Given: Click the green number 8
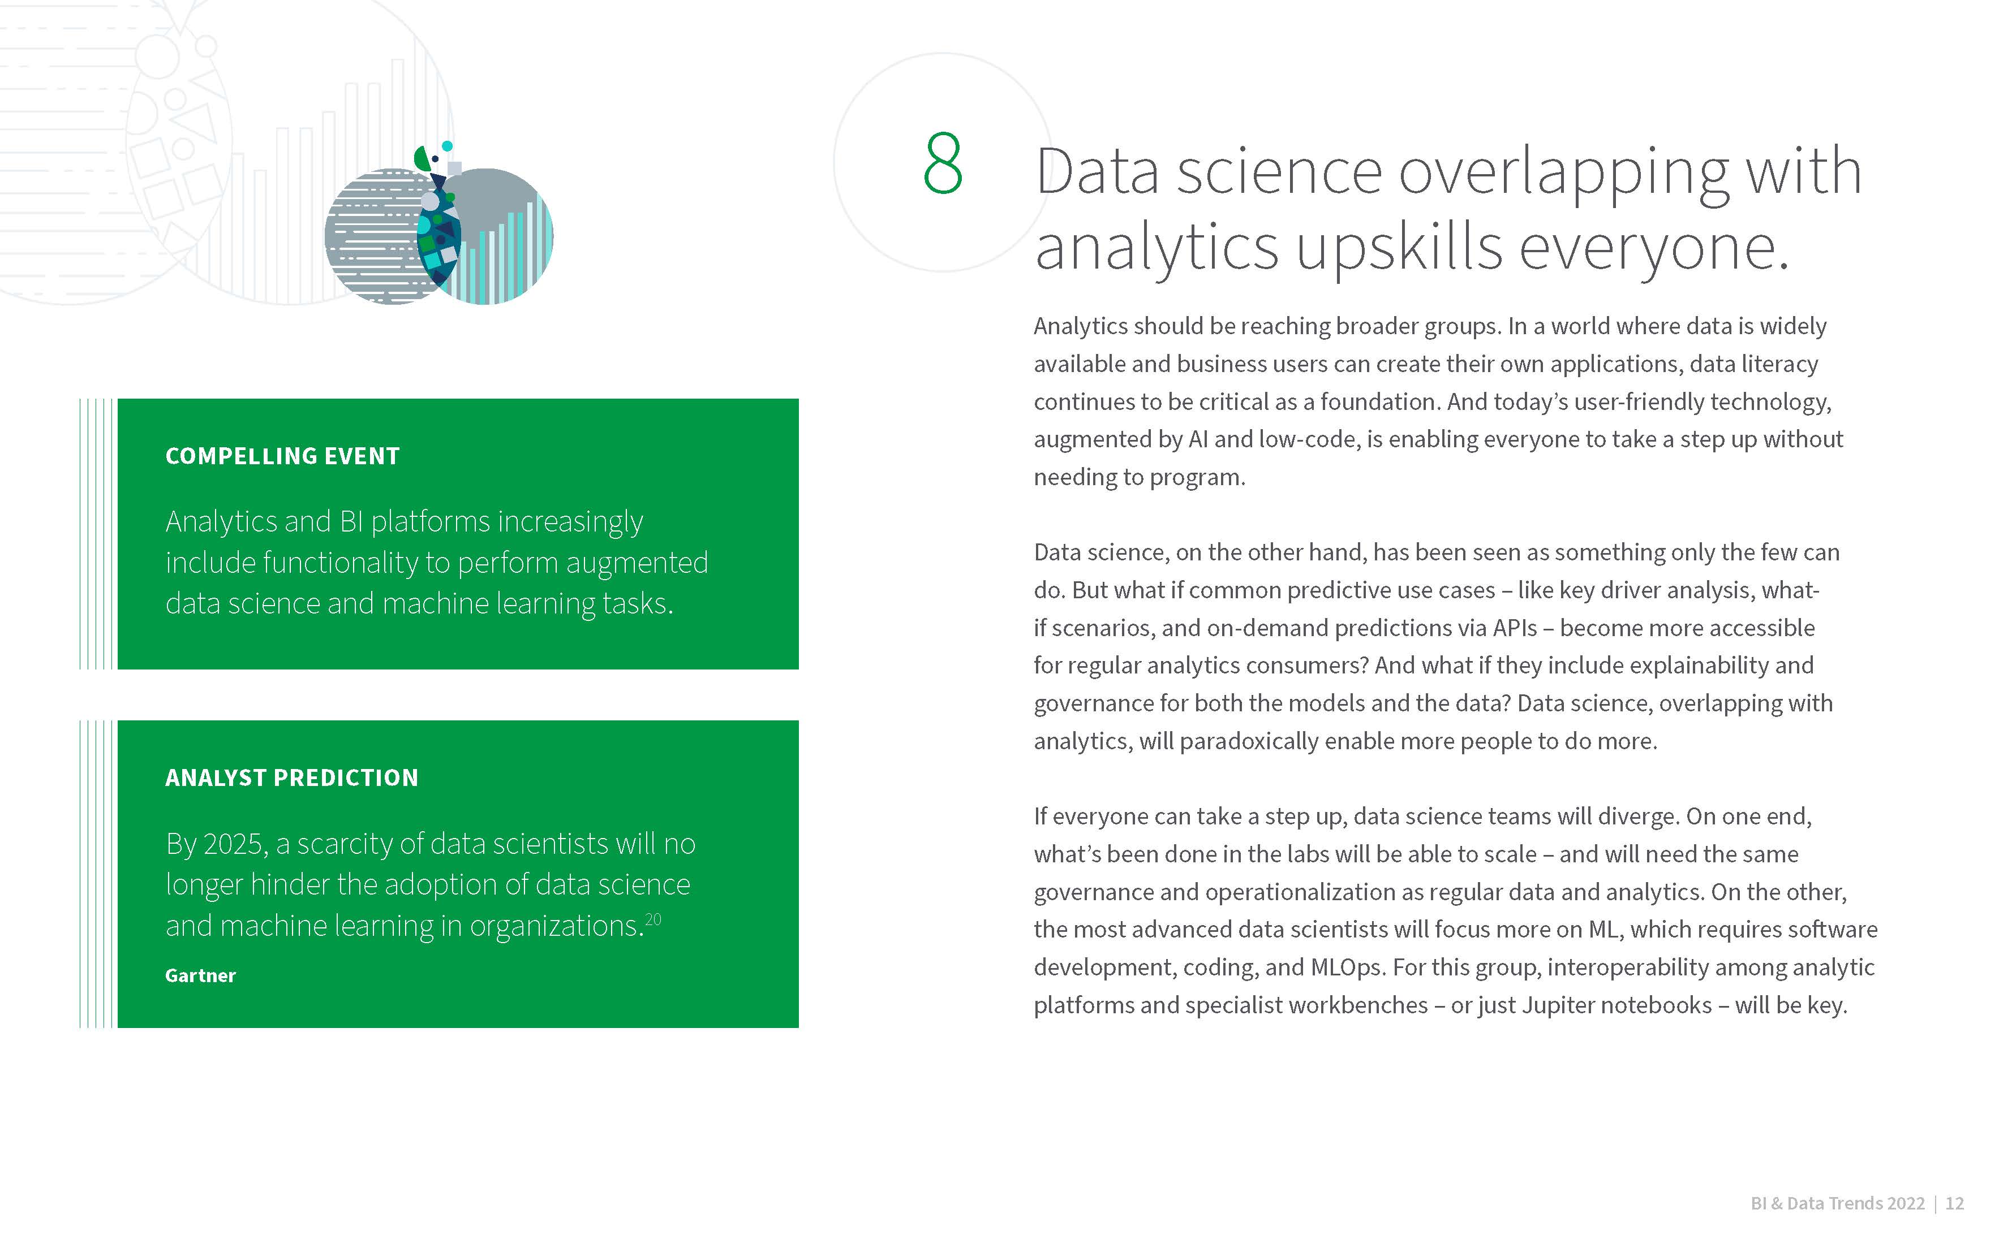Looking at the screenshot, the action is tap(943, 163).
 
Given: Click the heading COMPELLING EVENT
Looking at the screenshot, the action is tap(283, 456).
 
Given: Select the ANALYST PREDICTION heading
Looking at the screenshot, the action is tap(292, 777).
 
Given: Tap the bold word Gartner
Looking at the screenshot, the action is tap(200, 975).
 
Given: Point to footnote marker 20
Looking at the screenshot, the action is tap(653, 919).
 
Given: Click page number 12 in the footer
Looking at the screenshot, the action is tap(1955, 1203).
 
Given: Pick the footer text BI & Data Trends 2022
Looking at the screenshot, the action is tap(1837, 1203).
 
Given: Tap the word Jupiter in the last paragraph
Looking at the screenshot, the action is tap(1558, 1005).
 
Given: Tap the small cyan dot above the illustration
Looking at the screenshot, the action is tap(448, 146).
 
